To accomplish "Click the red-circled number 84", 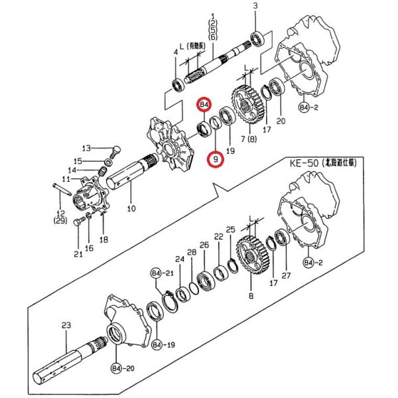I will pyautogui.click(x=204, y=105).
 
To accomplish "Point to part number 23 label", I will pyautogui.click(x=66, y=325).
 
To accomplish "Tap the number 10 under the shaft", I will pyautogui.click(x=130, y=208).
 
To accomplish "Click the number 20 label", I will pyautogui.click(x=281, y=121).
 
